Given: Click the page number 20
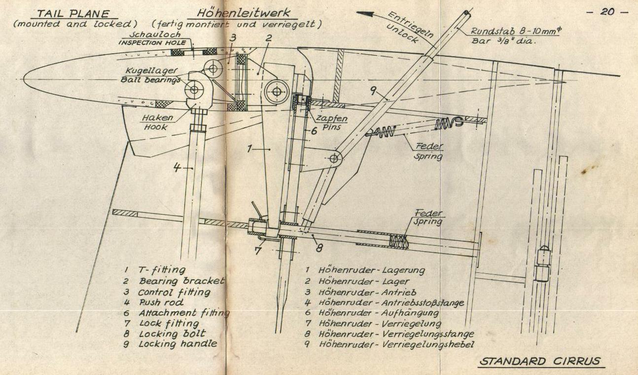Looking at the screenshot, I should coord(607,12).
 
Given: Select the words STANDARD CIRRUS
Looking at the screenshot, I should coord(540,361).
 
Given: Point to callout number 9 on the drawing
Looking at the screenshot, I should coord(373,90).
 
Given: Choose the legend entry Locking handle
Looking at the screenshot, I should coord(177,343).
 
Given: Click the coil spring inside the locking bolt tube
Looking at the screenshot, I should coord(400,241).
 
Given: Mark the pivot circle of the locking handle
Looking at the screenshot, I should coord(334,158).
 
